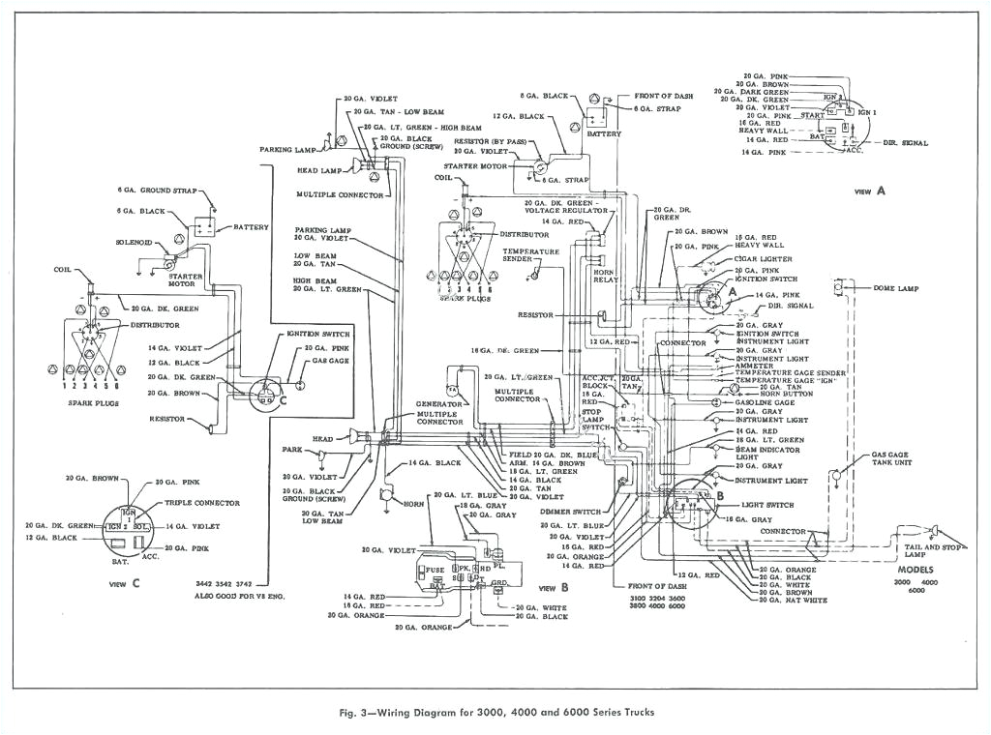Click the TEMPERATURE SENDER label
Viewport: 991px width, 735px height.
530,255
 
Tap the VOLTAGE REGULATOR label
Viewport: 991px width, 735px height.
566,210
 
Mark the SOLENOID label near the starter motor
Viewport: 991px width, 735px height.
135,242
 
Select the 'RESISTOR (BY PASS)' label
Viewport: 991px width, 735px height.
490,141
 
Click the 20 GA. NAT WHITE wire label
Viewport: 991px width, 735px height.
793,601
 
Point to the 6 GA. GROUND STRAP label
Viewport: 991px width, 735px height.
157,191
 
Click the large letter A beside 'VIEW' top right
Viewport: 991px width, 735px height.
881,191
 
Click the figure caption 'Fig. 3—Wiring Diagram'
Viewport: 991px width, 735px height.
495,712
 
